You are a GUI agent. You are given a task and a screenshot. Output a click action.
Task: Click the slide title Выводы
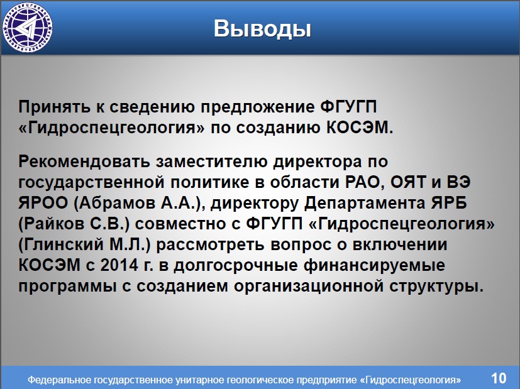pyautogui.click(x=262, y=29)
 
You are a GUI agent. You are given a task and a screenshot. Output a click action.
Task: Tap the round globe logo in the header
pyautogui.click(x=27, y=27)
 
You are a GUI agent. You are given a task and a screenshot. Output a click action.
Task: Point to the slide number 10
pyautogui.click(x=499, y=378)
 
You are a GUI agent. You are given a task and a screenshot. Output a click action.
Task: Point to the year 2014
pyautogui.click(x=119, y=265)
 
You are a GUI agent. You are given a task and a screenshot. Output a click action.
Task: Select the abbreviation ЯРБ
pyautogui.click(x=449, y=203)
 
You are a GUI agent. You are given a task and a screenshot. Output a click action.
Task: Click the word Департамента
pyautogui.click(x=365, y=204)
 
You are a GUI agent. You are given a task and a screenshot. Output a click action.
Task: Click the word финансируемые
pyautogui.click(x=374, y=266)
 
